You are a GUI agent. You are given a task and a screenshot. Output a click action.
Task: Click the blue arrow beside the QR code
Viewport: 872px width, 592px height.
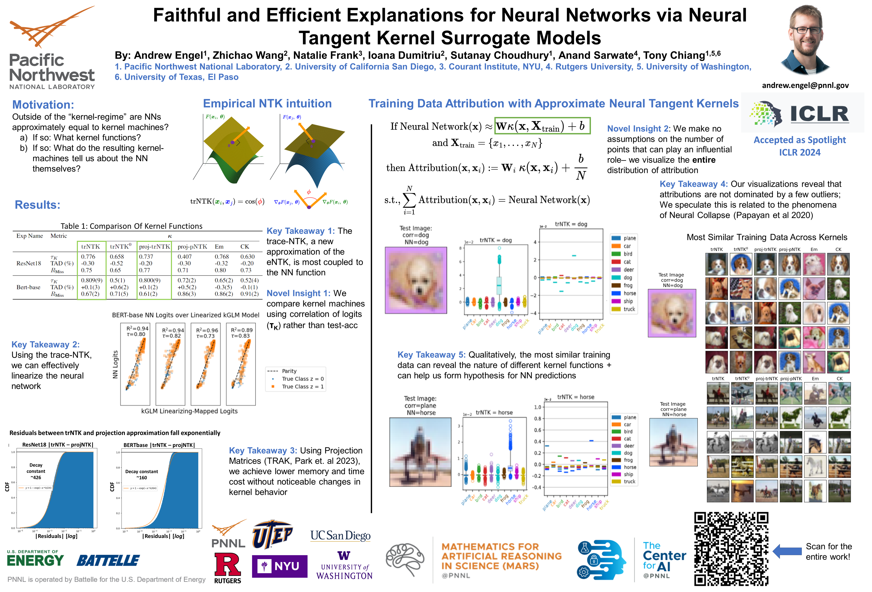click(x=787, y=551)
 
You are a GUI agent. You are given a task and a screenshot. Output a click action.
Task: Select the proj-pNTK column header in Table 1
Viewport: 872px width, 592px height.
click(x=192, y=247)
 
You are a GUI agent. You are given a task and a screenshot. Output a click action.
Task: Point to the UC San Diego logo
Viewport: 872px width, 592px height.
click(x=340, y=536)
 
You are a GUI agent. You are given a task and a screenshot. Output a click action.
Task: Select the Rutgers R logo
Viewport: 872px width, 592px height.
click(x=227, y=565)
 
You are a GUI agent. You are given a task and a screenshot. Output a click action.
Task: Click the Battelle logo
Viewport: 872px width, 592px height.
click(x=108, y=561)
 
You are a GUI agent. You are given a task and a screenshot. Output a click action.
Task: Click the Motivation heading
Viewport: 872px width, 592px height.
click(x=43, y=105)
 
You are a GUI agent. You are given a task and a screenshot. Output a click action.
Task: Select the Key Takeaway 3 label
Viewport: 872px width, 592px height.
click(x=263, y=451)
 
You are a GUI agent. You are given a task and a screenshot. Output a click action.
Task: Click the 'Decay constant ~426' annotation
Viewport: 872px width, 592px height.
click(x=36, y=471)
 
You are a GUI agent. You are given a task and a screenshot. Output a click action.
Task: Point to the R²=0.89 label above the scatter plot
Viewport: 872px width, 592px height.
click(x=242, y=330)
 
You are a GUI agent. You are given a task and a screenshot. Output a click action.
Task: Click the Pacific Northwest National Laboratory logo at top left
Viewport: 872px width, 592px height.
click(x=52, y=49)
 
